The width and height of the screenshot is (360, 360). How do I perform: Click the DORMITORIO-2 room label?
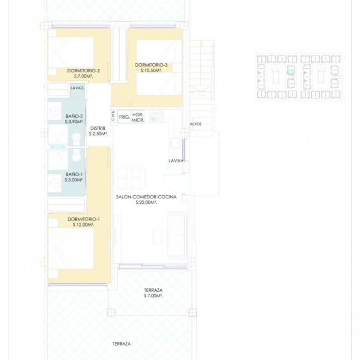coord(84,71)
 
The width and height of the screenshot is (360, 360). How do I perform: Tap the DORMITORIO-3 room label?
coord(151,65)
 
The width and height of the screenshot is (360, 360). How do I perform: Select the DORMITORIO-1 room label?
coord(84,219)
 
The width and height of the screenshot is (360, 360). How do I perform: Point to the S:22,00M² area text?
coord(146,203)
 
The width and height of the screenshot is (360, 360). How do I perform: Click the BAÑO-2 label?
coord(74,116)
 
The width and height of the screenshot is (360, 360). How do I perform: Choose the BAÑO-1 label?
coord(74,174)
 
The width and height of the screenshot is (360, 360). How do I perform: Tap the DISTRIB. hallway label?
coord(98,128)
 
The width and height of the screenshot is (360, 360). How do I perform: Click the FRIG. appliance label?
coord(124,117)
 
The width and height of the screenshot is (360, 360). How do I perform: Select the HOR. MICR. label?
coord(138,117)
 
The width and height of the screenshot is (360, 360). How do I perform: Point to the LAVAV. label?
coord(177,161)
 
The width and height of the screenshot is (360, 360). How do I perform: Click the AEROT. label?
coord(196,124)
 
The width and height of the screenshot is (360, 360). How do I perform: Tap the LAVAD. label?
coord(78,88)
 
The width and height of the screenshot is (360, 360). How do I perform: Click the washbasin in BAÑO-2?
coord(55,111)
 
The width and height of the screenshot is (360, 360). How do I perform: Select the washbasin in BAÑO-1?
coord(55,183)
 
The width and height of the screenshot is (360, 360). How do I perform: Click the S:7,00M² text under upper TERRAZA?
coord(153,296)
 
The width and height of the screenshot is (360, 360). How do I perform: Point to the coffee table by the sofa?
coord(157,235)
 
